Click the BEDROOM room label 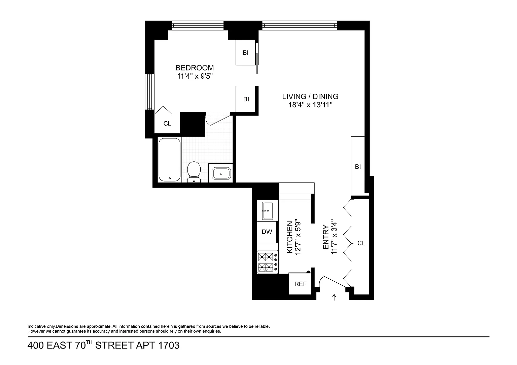pyautogui.click(x=195, y=68)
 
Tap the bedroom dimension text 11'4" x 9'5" pyautogui.click(x=195, y=76)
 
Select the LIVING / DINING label pyautogui.click(x=310, y=96)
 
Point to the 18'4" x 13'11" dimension pyautogui.click(x=310, y=105)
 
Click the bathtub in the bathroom pyautogui.click(x=170, y=160)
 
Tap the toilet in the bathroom pyautogui.click(x=194, y=172)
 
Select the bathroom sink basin pyautogui.click(x=221, y=173)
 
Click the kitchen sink pyautogui.click(x=268, y=211)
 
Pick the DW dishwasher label pyautogui.click(x=267, y=232)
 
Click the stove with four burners pyautogui.click(x=268, y=262)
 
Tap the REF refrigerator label pyautogui.click(x=301, y=284)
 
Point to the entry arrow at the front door pyautogui.click(x=334, y=297)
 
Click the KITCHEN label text pyautogui.click(x=290, y=237)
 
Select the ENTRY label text pyautogui.click(x=326, y=237)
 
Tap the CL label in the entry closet pyautogui.click(x=361, y=243)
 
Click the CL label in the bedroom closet pyautogui.click(x=167, y=123)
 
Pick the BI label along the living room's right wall pyautogui.click(x=358, y=167)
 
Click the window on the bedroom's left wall pyautogui.click(x=149, y=92)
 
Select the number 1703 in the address pyautogui.click(x=169, y=346)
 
